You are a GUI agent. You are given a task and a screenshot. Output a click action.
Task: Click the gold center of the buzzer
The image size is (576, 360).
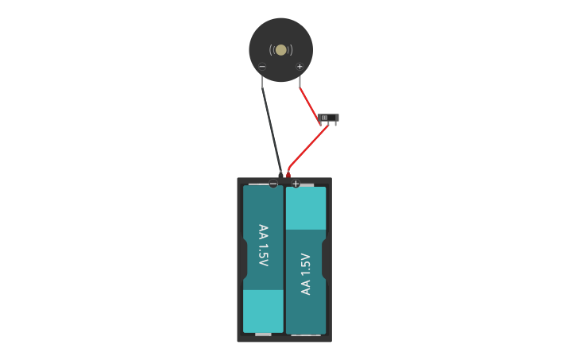pyautogui.click(x=280, y=50)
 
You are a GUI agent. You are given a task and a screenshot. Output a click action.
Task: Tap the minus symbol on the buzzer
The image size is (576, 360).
pyautogui.click(x=262, y=67)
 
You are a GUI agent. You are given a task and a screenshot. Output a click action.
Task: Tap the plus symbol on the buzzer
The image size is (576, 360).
pyautogui.click(x=300, y=67)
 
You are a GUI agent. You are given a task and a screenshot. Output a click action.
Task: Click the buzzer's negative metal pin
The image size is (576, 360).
pyautogui.click(x=263, y=81)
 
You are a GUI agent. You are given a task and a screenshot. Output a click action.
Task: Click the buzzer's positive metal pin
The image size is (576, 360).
pyautogui.click(x=300, y=81)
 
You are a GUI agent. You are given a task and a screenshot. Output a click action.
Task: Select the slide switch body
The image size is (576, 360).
pyautogui.click(x=328, y=118)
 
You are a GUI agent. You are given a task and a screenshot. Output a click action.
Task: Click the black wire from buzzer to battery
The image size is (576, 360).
pyautogui.click(x=272, y=130)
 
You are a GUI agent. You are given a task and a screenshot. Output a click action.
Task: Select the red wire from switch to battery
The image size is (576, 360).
pyautogui.click(x=306, y=149)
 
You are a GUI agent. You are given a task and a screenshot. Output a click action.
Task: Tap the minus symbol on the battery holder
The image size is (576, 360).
pyautogui.click(x=273, y=184)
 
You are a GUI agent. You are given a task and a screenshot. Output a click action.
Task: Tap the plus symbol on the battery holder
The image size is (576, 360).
pyautogui.click(x=296, y=184)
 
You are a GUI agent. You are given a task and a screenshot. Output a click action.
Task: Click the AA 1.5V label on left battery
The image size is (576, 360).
pyautogui.click(x=263, y=246)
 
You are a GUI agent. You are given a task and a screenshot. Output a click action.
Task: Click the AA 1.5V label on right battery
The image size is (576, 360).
pyautogui.click(x=306, y=274)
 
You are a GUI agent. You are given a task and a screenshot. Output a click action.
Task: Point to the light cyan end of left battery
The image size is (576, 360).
pyautogui.click(x=263, y=311)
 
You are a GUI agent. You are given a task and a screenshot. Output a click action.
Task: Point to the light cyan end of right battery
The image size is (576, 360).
pyautogui.click(x=306, y=208)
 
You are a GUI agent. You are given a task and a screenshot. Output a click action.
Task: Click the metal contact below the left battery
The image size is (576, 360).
pyautogui.click(x=263, y=335)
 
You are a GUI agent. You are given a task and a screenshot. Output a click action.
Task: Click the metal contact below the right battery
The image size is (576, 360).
pyautogui.click(x=306, y=335)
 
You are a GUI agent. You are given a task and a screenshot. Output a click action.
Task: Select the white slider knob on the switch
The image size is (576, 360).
pyautogui.click(x=324, y=118)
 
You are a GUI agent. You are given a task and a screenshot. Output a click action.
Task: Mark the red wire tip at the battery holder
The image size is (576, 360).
pyautogui.click(x=288, y=174)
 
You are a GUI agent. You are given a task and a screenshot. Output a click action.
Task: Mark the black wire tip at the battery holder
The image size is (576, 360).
pyautogui.click(x=280, y=173)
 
